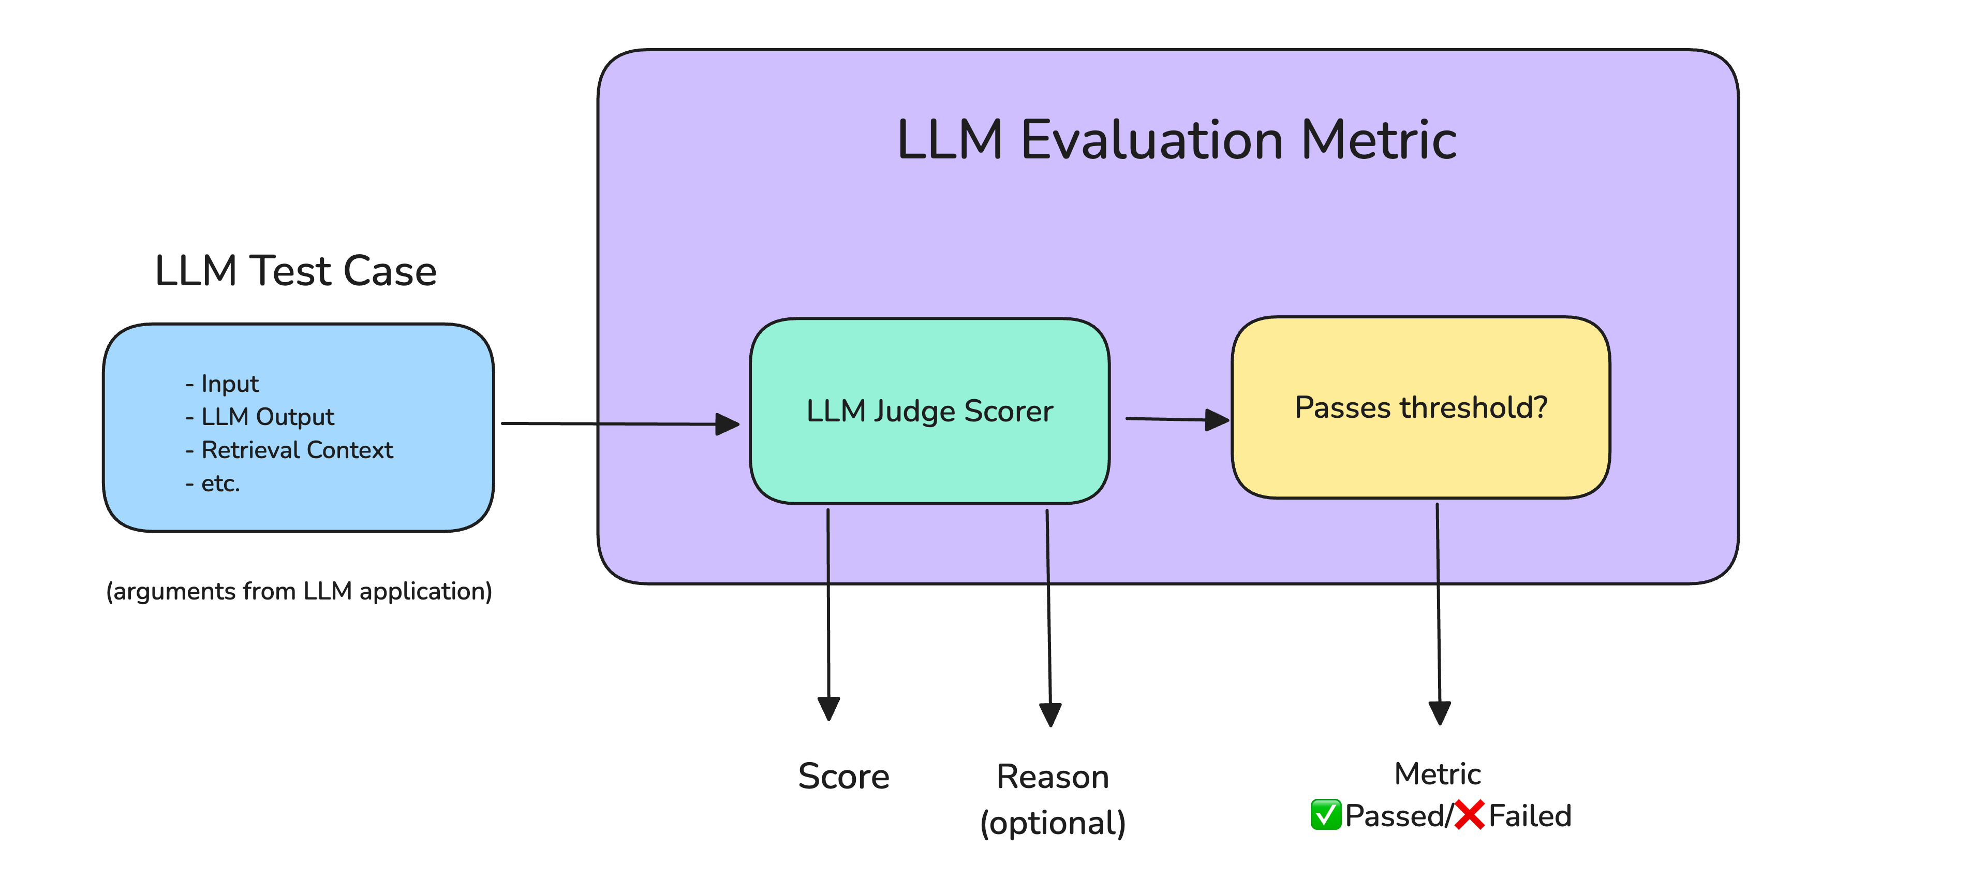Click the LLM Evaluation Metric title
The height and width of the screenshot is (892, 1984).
pyautogui.click(x=1176, y=140)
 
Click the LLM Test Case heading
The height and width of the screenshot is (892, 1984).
pyautogui.click(x=296, y=271)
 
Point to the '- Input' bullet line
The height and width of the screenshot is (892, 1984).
pyautogui.click(x=222, y=384)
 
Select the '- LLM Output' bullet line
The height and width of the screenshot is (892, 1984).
pyautogui.click(x=260, y=417)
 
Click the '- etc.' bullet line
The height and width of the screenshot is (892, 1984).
pyautogui.click(x=213, y=484)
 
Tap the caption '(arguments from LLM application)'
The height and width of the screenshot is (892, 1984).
pyautogui.click(x=299, y=591)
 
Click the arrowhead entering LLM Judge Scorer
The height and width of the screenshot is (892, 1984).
pyautogui.click(x=727, y=423)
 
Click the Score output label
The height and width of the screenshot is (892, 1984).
pyautogui.click(x=843, y=777)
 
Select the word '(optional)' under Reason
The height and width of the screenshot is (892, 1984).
pyautogui.click(x=1053, y=823)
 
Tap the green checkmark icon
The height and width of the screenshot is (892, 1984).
pyautogui.click(x=1325, y=815)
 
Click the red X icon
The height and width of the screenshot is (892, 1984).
pyautogui.click(x=1470, y=815)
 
